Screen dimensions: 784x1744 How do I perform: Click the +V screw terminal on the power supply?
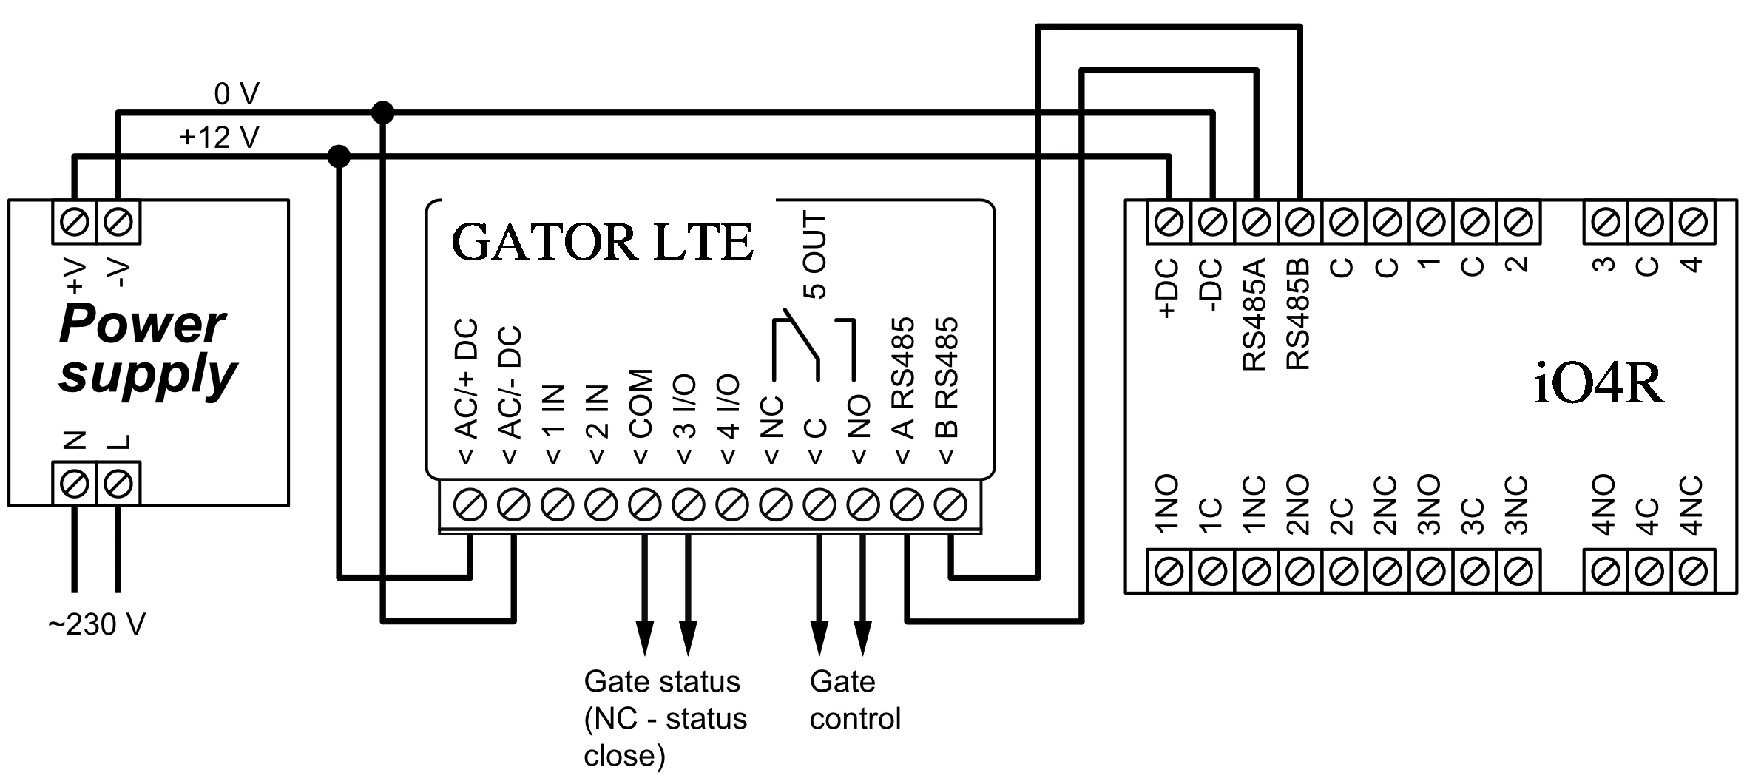75,221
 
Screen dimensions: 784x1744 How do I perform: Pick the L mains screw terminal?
118,484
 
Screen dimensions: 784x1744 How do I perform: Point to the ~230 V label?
97,626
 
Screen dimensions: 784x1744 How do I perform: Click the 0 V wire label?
237,95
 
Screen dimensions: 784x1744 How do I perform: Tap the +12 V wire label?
219,138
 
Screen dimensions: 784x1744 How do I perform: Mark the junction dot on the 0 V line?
382,113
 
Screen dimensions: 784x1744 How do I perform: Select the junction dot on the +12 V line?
339,156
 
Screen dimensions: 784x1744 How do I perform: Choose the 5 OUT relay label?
814,255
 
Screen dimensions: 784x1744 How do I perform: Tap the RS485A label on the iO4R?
1255,314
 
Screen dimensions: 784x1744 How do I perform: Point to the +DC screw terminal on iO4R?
1169,221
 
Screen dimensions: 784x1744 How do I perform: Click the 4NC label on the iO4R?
1691,506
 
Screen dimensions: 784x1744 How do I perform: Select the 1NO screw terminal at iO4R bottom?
1169,571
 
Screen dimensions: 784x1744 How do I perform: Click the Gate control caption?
854,700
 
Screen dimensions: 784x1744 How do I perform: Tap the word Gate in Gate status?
611,682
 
